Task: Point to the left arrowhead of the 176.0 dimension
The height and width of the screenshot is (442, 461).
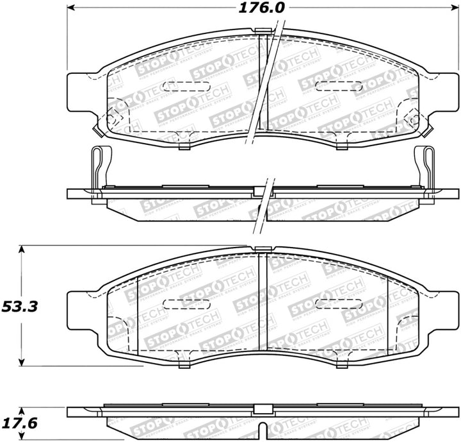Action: click(72, 8)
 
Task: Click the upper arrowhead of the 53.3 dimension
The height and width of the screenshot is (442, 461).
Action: click(22, 248)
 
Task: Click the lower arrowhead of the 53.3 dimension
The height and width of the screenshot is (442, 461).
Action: click(22, 362)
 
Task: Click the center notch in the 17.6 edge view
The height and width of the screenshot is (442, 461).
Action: click(262, 427)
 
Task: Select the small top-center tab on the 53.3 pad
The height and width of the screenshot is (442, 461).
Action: click(261, 249)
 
